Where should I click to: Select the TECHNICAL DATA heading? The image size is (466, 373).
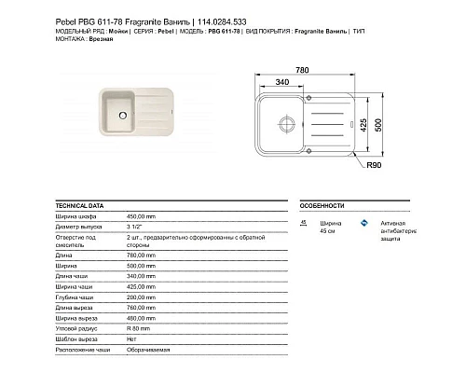(80, 204)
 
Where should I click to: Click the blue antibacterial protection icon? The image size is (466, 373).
(366, 223)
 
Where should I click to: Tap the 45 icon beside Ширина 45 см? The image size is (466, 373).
(304, 223)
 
